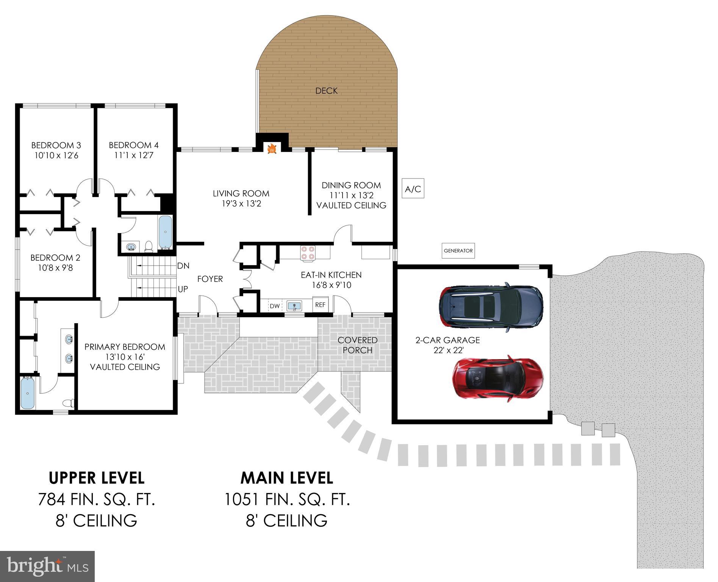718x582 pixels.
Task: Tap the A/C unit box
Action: point(413,189)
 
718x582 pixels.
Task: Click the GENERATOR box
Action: point(458,250)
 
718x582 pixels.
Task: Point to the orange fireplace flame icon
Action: point(272,149)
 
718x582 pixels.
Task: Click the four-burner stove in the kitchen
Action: point(307,253)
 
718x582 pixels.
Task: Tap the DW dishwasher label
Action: point(275,306)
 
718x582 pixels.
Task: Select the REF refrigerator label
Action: point(320,305)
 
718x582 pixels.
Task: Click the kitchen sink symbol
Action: point(294,305)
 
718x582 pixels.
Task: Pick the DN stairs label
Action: point(183,266)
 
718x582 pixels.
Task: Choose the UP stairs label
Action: point(183,289)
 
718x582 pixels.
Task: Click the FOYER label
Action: point(210,279)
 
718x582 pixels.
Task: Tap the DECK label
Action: point(326,91)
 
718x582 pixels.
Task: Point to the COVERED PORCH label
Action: point(358,345)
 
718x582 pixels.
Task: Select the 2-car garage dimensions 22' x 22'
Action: point(448,350)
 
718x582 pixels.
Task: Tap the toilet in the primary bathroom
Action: point(69,403)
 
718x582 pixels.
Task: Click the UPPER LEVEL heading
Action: point(97,478)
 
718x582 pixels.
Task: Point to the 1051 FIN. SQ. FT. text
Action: point(287,499)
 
